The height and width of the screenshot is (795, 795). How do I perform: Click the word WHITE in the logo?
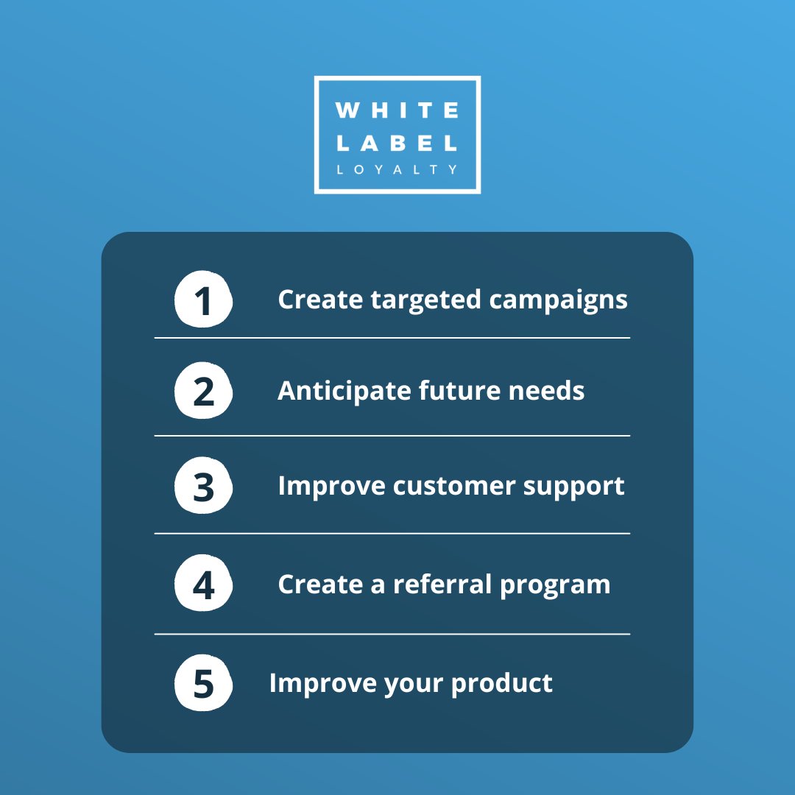click(x=397, y=111)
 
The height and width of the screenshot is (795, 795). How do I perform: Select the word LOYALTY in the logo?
click(x=397, y=169)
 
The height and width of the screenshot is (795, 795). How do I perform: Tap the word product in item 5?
click(x=502, y=683)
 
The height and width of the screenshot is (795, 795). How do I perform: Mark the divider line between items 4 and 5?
click(x=392, y=634)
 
